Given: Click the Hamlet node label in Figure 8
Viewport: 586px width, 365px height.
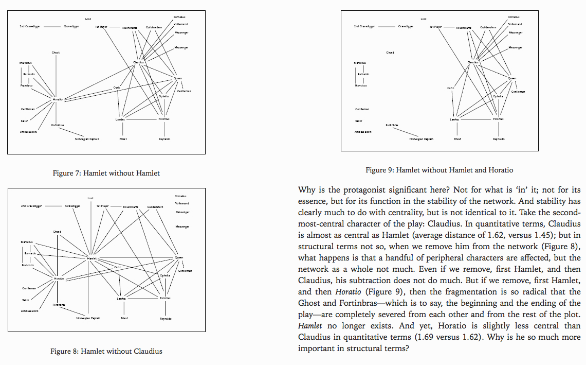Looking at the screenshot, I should pos(93,258).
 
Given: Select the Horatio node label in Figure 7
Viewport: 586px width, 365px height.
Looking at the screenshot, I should pos(57,99).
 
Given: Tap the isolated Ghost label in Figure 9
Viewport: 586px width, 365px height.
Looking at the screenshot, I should pos(390,53).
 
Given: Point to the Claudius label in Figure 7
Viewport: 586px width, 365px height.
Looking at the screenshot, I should pos(138,62).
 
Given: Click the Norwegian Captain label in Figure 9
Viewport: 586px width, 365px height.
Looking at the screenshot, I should pos(422,139).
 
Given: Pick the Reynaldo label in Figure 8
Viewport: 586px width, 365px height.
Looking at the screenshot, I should pos(166,319).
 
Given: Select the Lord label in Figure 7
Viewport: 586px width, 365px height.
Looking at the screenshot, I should pos(88,19).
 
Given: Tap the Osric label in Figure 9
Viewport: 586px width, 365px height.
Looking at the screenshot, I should pos(451,88).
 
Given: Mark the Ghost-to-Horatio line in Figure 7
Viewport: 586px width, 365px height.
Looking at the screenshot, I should pos(56,75).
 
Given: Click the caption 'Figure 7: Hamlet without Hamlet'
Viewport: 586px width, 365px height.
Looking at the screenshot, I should pos(106,173).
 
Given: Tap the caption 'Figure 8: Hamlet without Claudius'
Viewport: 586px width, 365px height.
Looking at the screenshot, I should pos(106,351).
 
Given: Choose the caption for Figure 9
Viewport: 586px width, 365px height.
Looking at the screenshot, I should pos(440,169).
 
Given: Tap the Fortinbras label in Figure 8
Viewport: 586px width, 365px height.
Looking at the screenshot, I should pos(59,305).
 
